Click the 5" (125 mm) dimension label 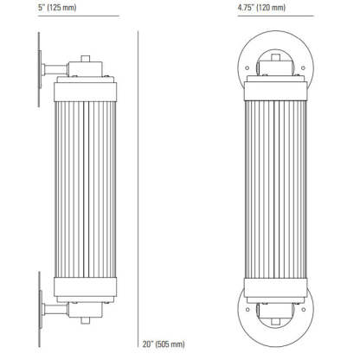[57, 7]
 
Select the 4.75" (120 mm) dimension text [261, 7]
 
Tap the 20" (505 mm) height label [164, 344]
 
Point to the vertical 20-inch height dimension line [138, 189]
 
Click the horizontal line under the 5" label [79, 16]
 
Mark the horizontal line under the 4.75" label [276, 16]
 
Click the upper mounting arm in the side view [55, 69]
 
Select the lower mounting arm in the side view [55, 309]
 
